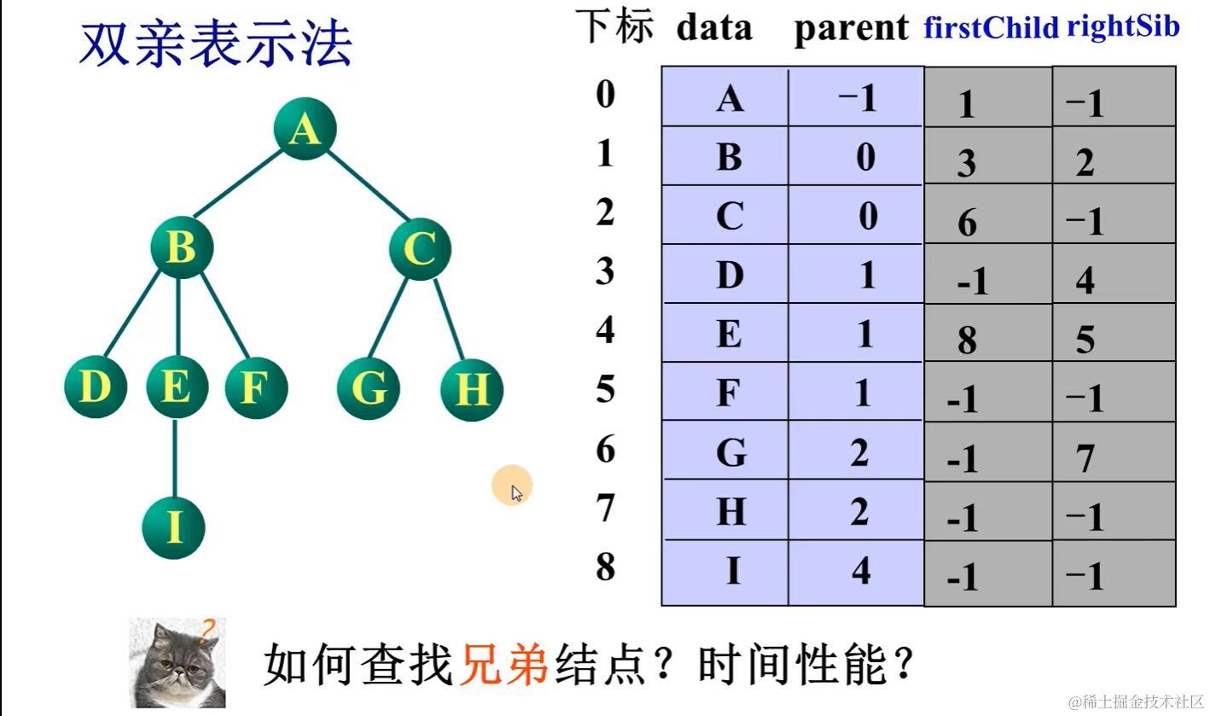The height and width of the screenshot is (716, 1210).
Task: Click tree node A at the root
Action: [x=305, y=130]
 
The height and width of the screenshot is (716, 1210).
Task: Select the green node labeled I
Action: [x=173, y=527]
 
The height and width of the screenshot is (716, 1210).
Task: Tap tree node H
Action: [x=471, y=389]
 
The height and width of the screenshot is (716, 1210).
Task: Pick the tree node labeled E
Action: [x=176, y=387]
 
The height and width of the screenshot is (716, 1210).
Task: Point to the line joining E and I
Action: [x=174, y=457]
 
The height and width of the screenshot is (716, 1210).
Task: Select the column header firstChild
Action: [x=991, y=28]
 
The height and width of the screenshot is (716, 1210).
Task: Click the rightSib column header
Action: [x=1123, y=26]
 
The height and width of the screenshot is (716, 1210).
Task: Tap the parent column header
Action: [x=851, y=29]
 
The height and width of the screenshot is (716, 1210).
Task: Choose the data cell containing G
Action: [x=730, y=452]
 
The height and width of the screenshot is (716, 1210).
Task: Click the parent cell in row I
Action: [x=860, y=570]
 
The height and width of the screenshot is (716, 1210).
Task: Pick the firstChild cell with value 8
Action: [x=966, y=340]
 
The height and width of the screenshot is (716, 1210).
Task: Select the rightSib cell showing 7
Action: [x=1085, y=459]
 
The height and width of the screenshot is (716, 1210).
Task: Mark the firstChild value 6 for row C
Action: [x=966, y=223]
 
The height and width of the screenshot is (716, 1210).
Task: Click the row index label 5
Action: [x=605, y=390]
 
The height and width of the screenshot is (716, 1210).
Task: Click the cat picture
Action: [x=177, y=663]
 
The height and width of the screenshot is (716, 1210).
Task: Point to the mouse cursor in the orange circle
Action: [x=515, y=491]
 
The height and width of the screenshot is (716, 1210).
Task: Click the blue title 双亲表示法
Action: [x=215, y=44]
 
